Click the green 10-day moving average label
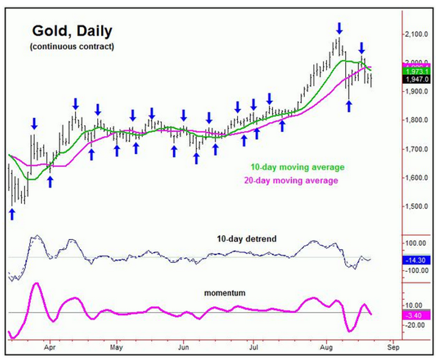tap(297, 167)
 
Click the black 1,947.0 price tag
tap(419, 80)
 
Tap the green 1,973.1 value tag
tap(419, 72)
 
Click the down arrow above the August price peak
tap(339, 27)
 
